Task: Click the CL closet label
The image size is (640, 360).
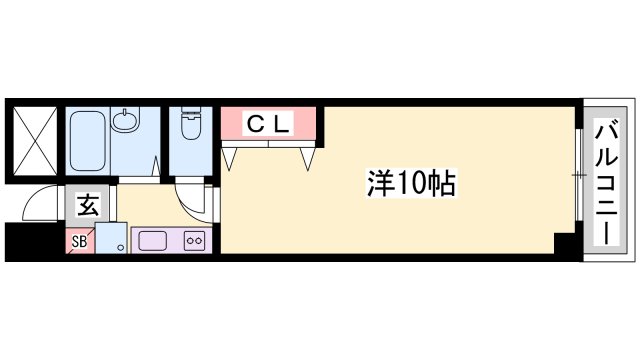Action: [x=268, y=124]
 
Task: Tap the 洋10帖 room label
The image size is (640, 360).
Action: [x=409, y=183]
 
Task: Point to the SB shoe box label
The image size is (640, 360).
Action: [x=79, y=240]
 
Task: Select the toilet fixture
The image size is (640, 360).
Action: [x=189, y=127]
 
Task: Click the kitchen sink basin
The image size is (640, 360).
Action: [x=151, y=240]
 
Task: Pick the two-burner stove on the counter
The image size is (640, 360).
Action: [x=193, y=240]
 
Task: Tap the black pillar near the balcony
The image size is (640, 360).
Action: [x=566, y=243]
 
